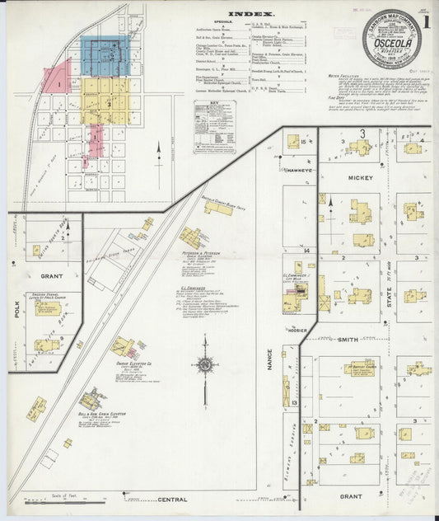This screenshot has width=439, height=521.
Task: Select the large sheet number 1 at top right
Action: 428,20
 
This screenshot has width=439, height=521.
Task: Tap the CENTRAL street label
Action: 172,500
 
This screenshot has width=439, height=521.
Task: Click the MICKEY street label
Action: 361,178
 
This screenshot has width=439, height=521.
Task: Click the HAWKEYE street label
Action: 301,169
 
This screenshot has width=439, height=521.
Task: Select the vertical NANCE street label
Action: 269,359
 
